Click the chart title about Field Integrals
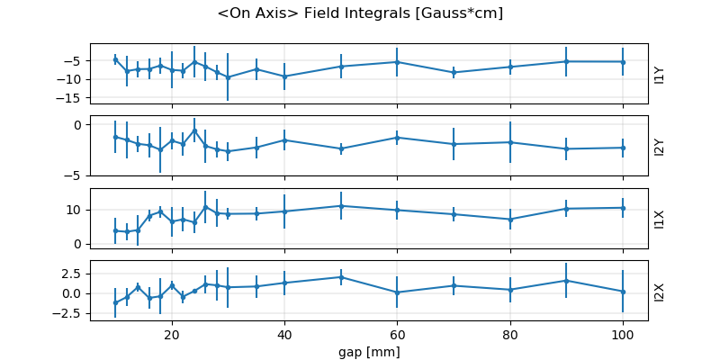point(360,13)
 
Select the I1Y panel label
point(660,74)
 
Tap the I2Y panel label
point(660,146)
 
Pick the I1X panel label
point(660,219)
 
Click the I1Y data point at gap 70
point(454,72)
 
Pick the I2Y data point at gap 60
point(397,138)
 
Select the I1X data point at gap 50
point(341,206)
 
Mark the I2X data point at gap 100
point(623,292)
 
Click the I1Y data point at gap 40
point(284,76)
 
